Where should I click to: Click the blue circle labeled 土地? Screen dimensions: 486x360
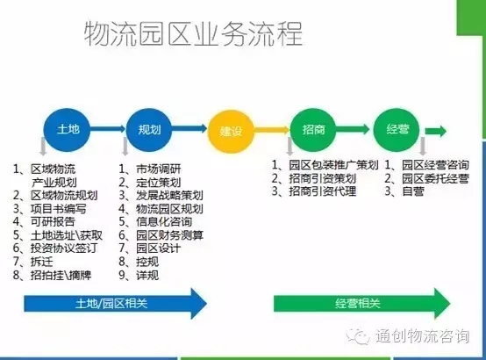[x=67, y=130]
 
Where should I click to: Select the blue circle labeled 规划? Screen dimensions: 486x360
[x=149, y=130]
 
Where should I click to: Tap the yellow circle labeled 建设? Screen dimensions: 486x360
[x=231, y=132]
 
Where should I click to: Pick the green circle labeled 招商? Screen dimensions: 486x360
[x=313, y=130]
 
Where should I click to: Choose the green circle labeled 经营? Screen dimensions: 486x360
[x=397, y=130]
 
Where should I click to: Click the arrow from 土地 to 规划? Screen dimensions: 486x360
[x=108, y=128]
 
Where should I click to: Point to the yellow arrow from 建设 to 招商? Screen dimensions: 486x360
[x=272, y=130]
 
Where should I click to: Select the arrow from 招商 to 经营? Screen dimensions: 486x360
[x=353, y=129]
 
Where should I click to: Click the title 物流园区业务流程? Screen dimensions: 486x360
[x=193, y=33]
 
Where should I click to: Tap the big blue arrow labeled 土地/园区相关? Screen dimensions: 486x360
[x=116, y=303]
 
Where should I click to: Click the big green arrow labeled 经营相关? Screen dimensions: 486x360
[x=362, y=303]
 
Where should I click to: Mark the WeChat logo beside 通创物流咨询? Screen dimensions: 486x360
[x=359, y=336]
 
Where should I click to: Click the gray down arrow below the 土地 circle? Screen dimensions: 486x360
[x=43, y=146]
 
